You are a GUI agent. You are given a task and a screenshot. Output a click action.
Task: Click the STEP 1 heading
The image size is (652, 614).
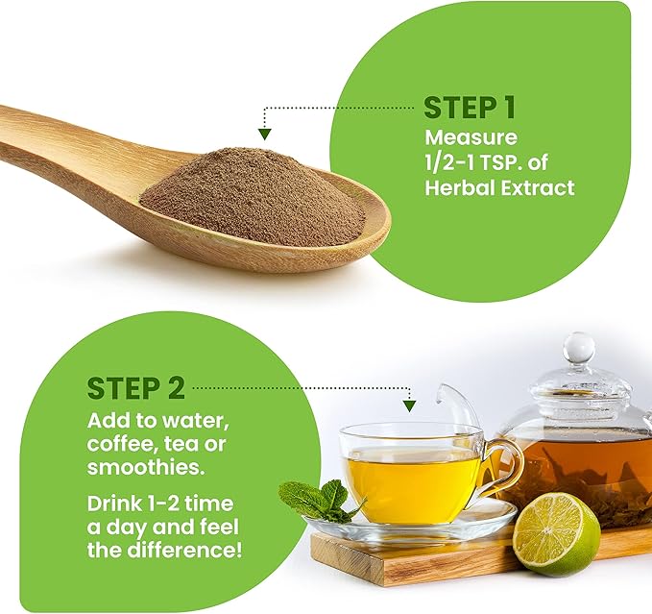pyautogui.click(x=470, y=108)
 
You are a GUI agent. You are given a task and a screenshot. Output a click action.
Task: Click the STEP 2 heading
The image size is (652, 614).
pyautogui.click(x=136, y=388)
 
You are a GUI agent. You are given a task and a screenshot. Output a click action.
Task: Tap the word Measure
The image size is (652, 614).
pyautogui.click(x=471, y=137)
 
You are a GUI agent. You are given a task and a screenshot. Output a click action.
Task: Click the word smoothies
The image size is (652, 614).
pyautogui.click(x=146, y=467)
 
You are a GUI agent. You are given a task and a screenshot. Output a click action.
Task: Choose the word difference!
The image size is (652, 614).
pyautogui.click(x=184, y=550)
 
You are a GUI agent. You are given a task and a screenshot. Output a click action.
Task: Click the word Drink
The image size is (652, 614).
pyautogui.click(x=114, y=503)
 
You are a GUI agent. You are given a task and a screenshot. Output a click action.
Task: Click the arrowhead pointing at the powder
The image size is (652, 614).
pyautogui.click(x=264, y=134)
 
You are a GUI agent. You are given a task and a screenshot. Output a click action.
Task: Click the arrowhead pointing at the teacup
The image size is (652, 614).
pyautogui.click(x=410, y=406)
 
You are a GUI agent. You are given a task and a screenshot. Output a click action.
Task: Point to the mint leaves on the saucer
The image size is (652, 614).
pyautogui.click(x=318, y=501)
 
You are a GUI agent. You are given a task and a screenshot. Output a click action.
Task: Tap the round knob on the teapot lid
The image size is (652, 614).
pyautogui.click(x=578, y=348)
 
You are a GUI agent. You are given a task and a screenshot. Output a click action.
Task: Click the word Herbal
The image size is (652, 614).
pyautogui.click(x=460, y=187)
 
